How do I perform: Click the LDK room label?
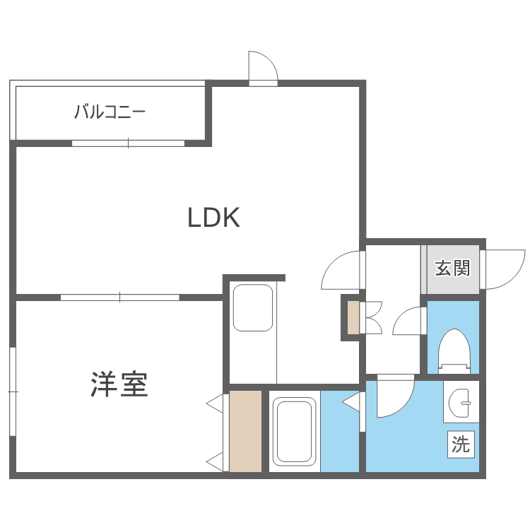click(214, 218)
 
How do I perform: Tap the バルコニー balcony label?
click(110, 112)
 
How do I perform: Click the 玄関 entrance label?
click(452, 269)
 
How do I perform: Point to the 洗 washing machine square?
click(461, 444)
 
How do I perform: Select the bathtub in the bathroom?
click(293, 430)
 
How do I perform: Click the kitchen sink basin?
click(252, 307)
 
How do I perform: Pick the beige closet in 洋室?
click(245, 430)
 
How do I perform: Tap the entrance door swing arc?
click(503, 269)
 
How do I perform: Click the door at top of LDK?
click(263, 68)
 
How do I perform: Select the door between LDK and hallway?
click(343, 271)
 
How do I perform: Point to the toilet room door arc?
click(408, 324)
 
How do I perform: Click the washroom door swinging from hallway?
click(394, 398)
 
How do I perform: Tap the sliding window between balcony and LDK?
click(128, 143)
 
